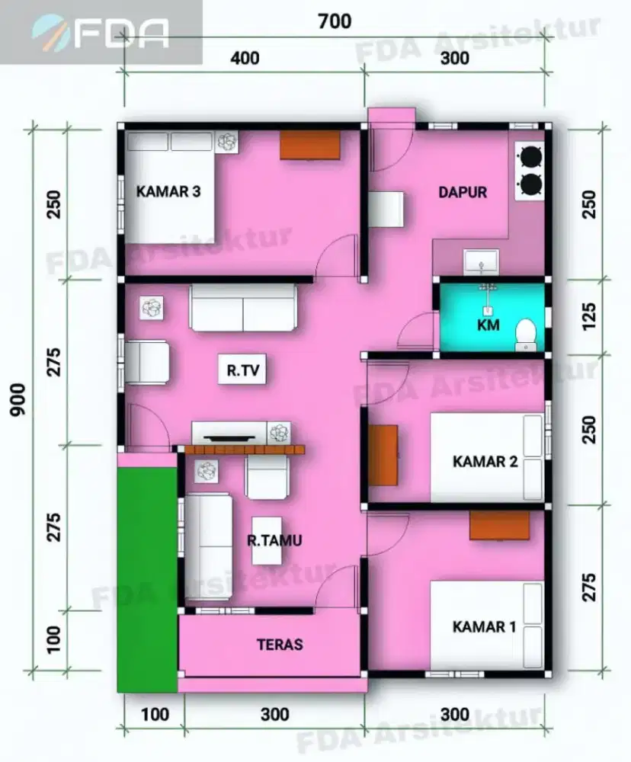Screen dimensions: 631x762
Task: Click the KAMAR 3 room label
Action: pos(168,191)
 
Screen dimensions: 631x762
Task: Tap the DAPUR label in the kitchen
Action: pos(463,193)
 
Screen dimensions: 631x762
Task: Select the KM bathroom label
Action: pos(488,325)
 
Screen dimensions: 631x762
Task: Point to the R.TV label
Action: pos(243,370)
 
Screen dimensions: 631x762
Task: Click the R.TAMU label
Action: pos(274,540)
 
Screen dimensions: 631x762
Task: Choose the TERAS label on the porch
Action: pos(280,645)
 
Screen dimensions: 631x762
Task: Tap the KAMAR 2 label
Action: pos(485,461)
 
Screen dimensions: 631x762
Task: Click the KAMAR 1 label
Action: pos(484,627)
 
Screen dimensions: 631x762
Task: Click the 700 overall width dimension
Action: pos(335,21)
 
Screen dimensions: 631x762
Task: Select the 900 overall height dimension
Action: pos(18,399)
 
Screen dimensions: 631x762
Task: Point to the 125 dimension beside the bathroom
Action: pos(588,316)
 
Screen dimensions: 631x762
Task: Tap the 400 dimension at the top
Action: pos(245,59)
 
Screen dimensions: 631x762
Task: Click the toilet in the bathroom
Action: pos(526,335)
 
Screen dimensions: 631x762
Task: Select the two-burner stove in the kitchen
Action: pos(530,171)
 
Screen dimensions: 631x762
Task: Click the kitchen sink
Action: pos(481,261)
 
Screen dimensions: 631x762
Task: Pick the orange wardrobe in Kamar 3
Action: pos(309,144)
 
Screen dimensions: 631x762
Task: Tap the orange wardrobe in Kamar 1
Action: pos(499,525)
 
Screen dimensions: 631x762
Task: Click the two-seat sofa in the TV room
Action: pos(243,308)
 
